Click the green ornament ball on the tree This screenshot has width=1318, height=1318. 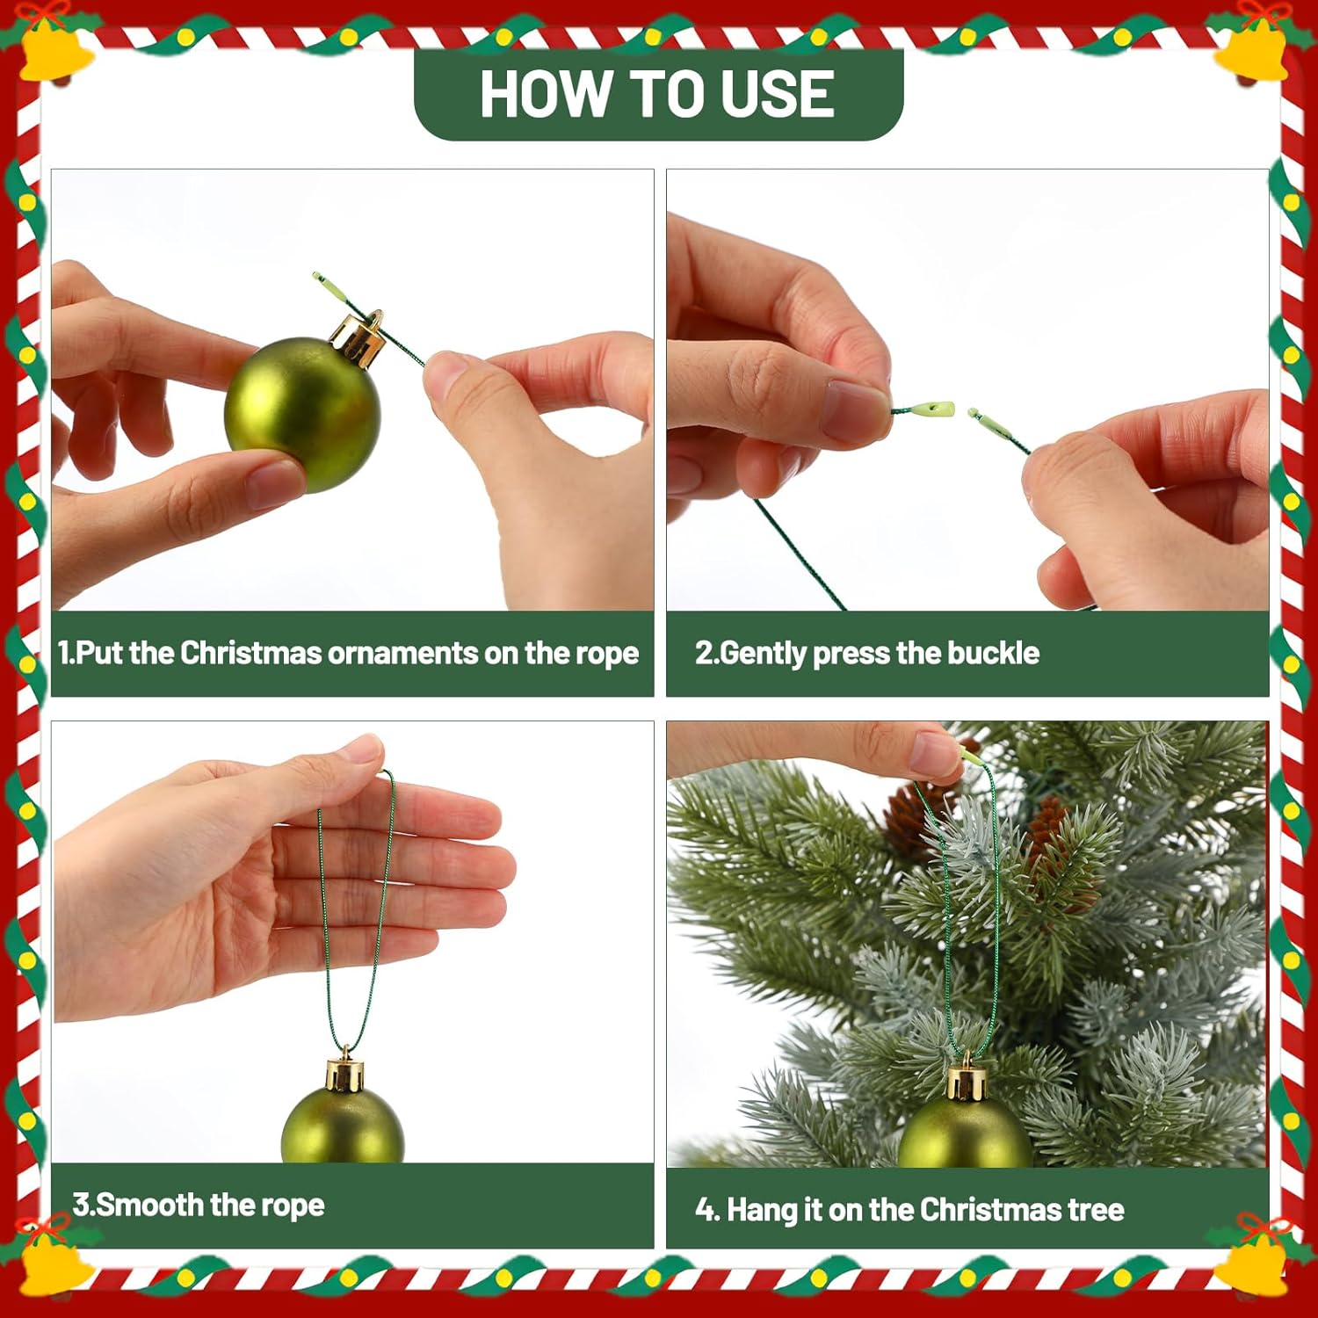coord(965,1133)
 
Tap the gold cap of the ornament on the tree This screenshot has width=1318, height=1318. coord(967,1077)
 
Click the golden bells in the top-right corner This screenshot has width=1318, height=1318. coord(1262,48)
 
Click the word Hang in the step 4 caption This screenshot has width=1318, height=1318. coord(761,1211)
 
